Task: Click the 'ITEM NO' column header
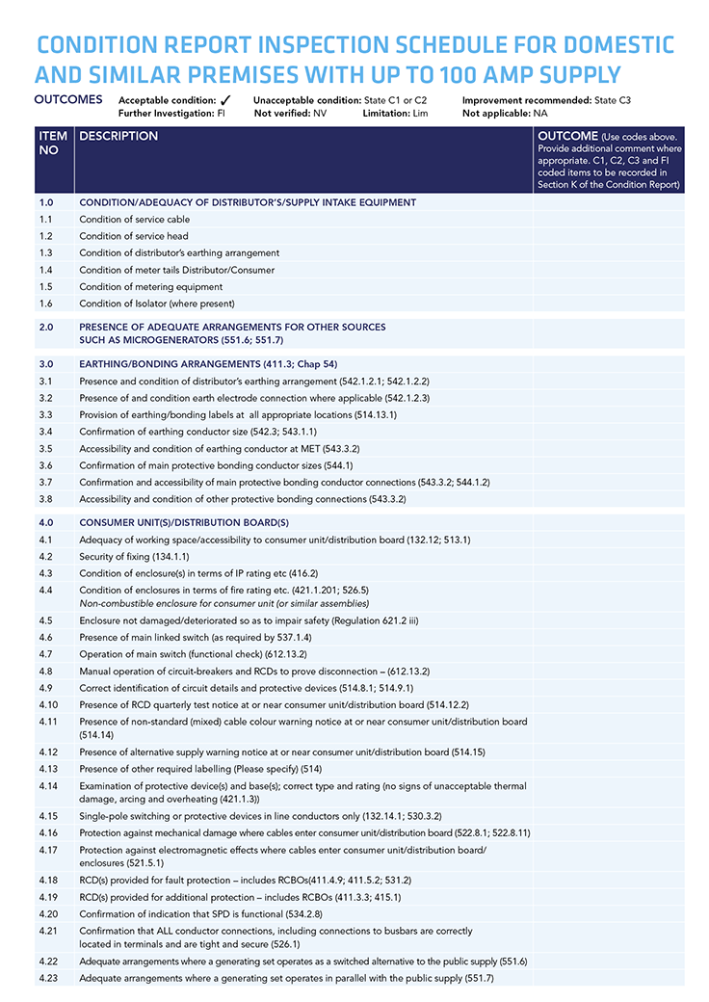click(x=53, y=144)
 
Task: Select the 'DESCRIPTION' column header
click(x=118, y=137)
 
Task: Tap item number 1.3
click(x=47, y=252)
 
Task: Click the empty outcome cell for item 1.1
click(x=609, y=220)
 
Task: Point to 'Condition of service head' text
click(x=134, y=236)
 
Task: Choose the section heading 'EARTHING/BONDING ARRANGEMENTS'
click(x=170, y=364)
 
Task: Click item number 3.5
click(x=47, y=449)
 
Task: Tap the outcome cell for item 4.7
click(x=609, y=654)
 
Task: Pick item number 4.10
click(x=49, y=704)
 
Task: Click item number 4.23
click(x=49, y=978)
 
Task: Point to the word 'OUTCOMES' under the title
click(x=68, y=99)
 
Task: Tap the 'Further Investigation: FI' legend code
click(x=171, y=113)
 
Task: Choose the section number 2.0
click(x=47, y=327)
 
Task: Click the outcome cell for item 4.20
click(x=609, y=913)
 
